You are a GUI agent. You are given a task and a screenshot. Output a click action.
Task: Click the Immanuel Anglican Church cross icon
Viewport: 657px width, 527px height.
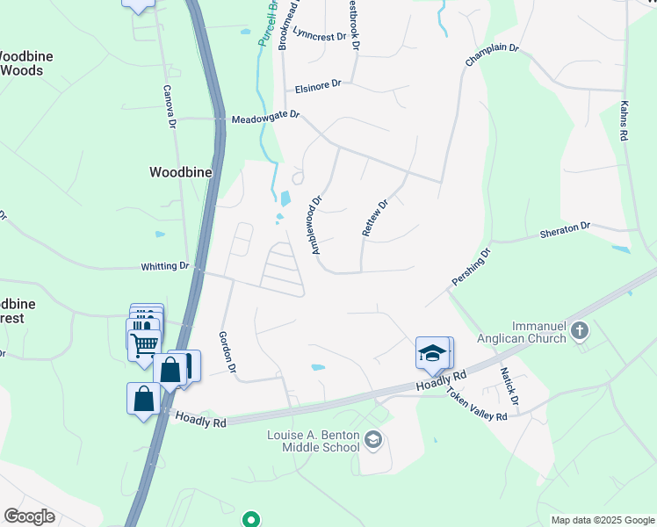[579, 331]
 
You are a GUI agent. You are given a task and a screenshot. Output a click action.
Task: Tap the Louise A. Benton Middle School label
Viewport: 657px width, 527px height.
[314, 441]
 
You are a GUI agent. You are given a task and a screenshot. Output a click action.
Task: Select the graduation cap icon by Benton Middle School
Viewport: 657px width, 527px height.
[373, 439]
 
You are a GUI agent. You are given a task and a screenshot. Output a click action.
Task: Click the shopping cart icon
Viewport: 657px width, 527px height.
[144, 343]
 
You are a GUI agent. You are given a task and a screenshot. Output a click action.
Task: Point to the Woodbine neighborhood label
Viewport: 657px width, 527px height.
[181, 172]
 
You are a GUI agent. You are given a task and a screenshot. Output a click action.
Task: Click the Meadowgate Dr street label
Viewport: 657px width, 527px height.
[265, 117]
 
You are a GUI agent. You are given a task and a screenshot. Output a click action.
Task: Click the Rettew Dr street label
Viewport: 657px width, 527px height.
[375, 218]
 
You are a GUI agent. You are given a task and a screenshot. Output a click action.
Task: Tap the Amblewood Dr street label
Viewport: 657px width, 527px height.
[317, 226]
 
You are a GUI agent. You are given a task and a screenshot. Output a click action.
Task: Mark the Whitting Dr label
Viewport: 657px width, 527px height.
[165, 265]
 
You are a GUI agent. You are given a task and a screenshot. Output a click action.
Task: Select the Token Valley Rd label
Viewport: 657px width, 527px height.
[477, 405]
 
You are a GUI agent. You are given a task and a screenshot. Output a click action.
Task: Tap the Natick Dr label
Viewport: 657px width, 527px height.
[509, 387]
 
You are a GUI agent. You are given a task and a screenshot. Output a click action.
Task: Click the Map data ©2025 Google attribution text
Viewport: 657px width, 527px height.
[602, 520]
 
